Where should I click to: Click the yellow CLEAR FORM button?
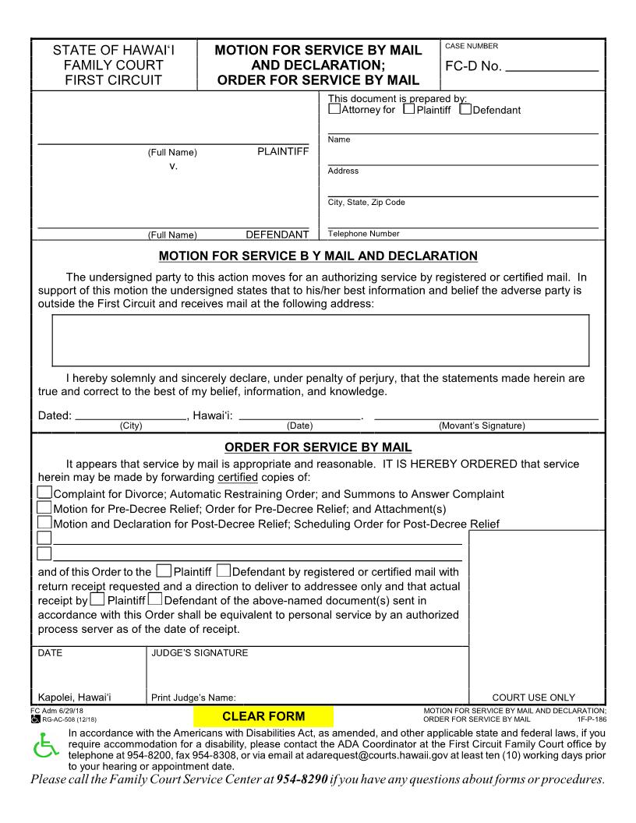263,716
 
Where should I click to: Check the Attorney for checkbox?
334,109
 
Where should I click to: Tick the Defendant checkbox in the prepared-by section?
465,109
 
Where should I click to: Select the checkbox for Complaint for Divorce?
45,493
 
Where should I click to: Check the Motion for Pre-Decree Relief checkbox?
45,507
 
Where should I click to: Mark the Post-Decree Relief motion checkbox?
45,522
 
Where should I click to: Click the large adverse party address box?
320,340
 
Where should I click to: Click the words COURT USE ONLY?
534,698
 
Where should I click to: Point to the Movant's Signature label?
482,426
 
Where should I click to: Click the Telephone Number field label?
363,234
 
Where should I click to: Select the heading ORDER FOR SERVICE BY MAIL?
318,447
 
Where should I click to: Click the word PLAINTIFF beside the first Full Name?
283,151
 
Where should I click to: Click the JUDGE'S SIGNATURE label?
200,653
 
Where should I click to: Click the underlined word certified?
238,477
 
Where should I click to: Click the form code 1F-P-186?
591,719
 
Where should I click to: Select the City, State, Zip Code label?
366,203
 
